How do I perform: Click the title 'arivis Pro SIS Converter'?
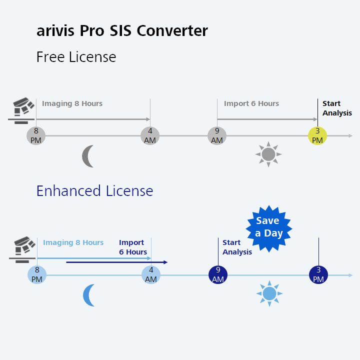pos(122,31)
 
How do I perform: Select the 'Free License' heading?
pos(76,57)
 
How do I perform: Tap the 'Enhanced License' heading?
pos(94,191)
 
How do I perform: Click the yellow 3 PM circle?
pos(317,135)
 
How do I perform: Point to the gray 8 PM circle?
pos(36,135)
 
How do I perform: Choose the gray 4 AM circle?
pos(150,135)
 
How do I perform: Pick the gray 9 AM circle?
pos(217,135)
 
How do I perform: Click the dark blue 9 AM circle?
pos(218,274)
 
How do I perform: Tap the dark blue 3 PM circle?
pos(318,274)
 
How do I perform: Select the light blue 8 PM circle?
pos(37,274)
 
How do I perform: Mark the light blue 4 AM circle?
pos(151,274)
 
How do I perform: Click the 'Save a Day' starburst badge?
pos(269,227)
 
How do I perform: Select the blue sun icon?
pos(269,293)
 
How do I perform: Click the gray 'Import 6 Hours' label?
pos(251,103)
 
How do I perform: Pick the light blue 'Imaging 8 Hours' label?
pos(73,242)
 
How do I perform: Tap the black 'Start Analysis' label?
pos(337,108)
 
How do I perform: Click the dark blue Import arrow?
pos(116,262)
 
